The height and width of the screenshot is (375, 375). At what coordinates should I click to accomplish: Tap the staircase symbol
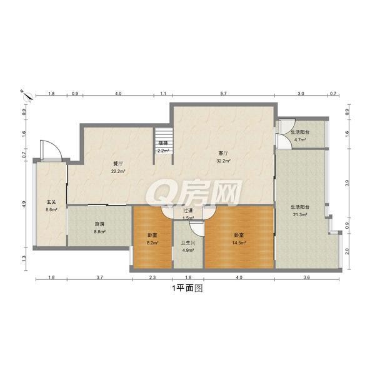(x=164, y=135)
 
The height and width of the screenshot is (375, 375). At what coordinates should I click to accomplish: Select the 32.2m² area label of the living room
(x=223, y=161)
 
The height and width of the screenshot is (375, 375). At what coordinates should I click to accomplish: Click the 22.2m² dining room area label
(x=118, y=171)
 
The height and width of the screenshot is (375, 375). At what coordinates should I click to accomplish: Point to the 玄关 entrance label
(x=51, y=202)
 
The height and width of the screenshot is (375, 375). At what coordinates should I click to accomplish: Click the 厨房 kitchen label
(x=99, y=224)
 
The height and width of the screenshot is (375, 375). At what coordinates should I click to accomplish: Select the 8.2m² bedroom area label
(x=152, y=242)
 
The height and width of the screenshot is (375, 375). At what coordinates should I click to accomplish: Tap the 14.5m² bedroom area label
(x=239, y=242)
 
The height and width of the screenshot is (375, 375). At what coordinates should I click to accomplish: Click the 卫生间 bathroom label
(x=188, y=243)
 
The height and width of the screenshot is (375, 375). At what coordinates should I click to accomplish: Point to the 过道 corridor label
(x=188, y=211)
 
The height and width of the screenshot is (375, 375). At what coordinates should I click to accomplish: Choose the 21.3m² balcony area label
(x=300, y=214)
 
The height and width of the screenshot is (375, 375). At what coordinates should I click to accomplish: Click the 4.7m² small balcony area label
(x=300, y=139)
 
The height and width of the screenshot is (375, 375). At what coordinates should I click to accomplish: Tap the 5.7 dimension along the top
(x=223, y=94)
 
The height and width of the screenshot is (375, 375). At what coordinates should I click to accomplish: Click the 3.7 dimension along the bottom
(x=100, y=277)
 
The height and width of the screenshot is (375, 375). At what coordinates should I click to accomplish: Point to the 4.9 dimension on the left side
(x=24, y=204)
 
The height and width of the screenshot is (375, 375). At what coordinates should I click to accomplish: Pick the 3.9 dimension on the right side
(x=347, y=183)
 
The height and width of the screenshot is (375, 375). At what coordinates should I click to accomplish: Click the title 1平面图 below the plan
(x=187, y=288)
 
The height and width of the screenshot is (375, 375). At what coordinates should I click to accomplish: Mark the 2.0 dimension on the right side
(x=347, y=251)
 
